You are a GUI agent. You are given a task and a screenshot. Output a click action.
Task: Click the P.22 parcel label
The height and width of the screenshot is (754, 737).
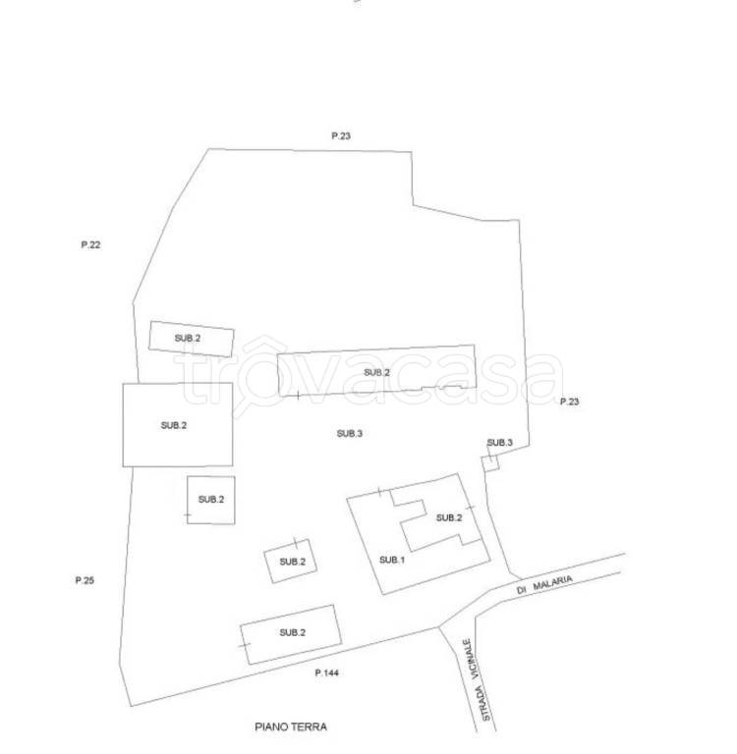coord(90,244)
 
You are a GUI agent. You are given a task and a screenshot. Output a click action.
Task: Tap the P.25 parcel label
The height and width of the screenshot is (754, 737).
coord(85,580)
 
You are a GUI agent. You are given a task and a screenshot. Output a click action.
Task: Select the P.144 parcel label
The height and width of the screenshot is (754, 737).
coord(327,673)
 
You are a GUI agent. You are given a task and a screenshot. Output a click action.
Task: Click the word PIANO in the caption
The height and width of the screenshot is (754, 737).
coord(269,727)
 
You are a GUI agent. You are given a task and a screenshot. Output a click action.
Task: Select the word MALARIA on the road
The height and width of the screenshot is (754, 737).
coord(552,583)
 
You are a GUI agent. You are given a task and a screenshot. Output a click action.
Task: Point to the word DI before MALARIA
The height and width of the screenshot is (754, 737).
coord(522,590)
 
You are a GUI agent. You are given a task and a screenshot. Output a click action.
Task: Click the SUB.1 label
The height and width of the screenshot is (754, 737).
coord(392,560)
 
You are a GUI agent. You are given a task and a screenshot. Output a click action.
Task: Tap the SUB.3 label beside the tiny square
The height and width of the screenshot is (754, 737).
coord(499,443)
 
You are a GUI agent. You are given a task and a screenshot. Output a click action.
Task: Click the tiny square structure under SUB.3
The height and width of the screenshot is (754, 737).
coord(490,463)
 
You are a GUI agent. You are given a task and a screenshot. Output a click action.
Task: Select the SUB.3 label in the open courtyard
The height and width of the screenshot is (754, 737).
coord(350,434)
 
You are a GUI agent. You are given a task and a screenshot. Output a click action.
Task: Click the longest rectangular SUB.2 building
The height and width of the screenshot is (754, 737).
coord(377,370)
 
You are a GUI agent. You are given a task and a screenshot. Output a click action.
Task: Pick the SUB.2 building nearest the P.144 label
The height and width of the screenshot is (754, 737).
coord(291,634)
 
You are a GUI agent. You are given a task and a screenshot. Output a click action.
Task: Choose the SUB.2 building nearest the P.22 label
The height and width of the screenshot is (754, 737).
coord(191,339)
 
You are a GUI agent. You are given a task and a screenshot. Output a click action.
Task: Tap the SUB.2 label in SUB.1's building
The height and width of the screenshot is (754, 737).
coord(449,518)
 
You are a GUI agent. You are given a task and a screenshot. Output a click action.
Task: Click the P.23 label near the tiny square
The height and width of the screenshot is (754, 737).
coord(570,402)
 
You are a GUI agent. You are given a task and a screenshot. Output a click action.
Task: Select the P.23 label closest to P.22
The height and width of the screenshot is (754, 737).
coord(341,135)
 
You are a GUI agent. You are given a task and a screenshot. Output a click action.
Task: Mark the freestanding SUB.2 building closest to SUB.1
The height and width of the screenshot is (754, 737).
coord(291,562)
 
